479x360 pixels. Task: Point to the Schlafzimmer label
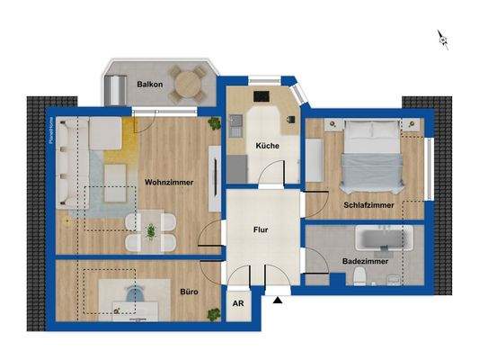(369, 205)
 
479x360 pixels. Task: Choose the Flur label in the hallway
(262, 229)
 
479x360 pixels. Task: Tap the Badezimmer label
(364, 261)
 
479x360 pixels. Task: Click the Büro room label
(189, 292)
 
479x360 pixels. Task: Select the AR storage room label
(238, 304)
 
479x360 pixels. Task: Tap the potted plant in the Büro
(214, 312)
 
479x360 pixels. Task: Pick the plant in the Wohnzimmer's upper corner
(214, 123)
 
